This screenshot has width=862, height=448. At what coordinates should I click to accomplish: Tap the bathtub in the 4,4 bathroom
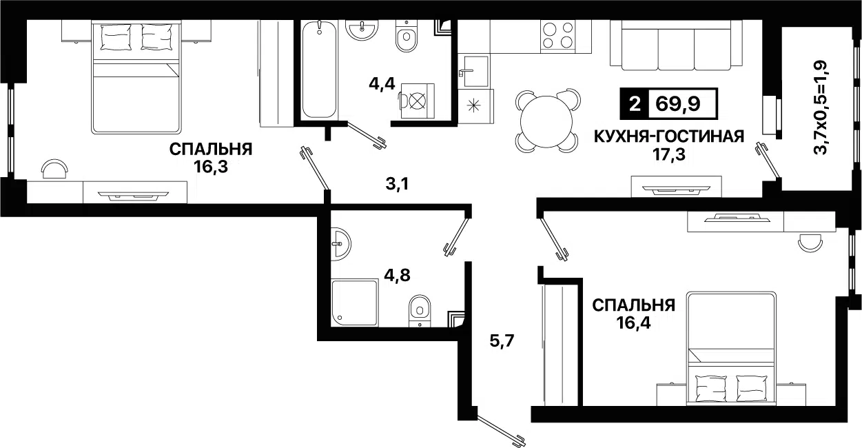coord(319,69)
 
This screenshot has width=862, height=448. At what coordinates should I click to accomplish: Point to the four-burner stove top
coord(558,35)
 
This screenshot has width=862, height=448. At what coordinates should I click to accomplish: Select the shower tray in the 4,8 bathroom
coord(354,302)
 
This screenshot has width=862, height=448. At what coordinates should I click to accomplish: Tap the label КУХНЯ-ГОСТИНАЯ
coord(668,136)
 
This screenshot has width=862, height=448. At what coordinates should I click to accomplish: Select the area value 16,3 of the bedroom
coord(211,165)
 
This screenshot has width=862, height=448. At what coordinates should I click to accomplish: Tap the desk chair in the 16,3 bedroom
coord(55,167)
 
